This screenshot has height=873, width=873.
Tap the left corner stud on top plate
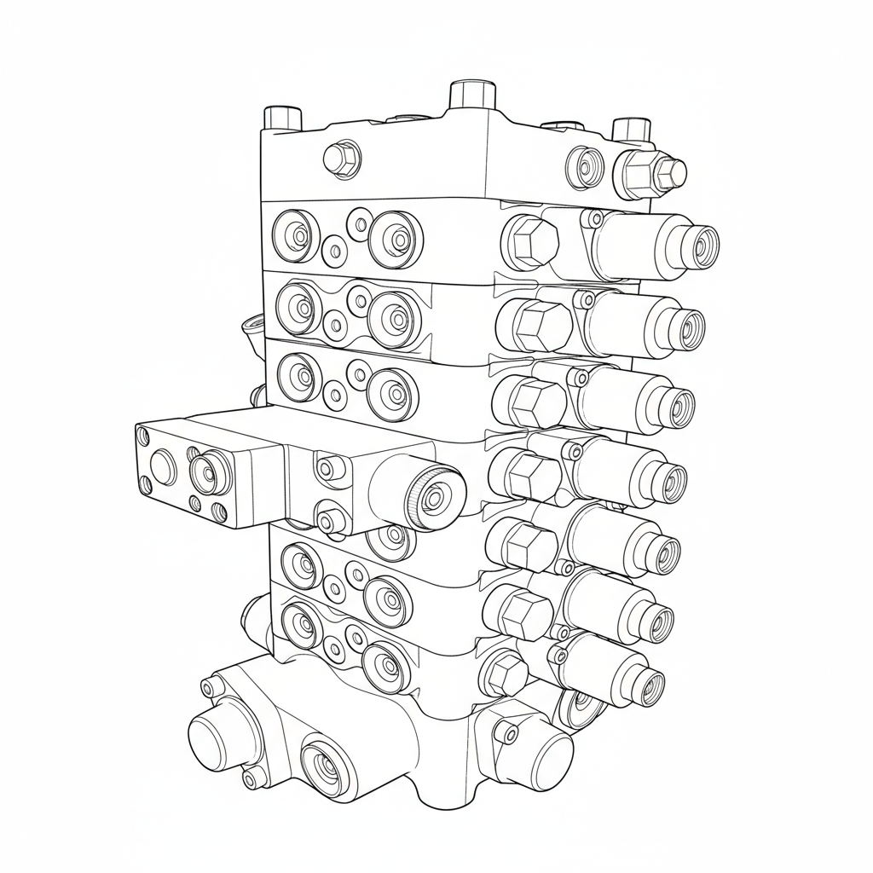click(x=283, y=118)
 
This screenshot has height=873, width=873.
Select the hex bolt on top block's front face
click(x=343, y=159)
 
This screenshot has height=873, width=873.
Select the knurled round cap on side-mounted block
click(x=436, y=494)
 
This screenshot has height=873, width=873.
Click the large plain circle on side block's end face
click(x=162, y=465)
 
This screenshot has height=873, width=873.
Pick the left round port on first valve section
click(x=295, y=234)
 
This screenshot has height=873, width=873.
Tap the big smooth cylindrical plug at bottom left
click(x=215, y=737)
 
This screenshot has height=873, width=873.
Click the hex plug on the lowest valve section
click(x=505, y=673)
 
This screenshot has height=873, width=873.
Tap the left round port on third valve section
click(x=300, y=374)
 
